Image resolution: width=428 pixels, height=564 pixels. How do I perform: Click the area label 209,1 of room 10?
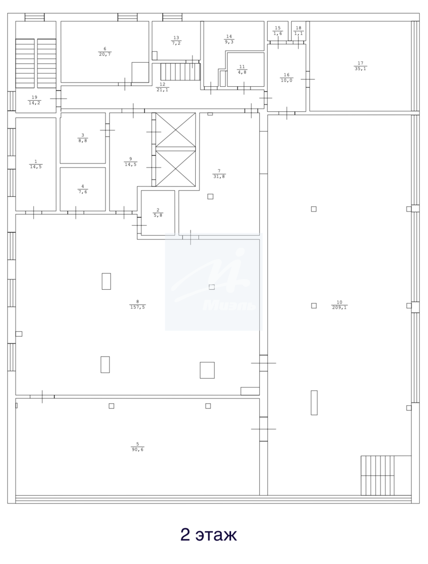coord(339,308)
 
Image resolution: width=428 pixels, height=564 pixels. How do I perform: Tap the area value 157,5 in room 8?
coord(138,307)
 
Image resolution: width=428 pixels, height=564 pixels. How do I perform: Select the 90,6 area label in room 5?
coord(137,450)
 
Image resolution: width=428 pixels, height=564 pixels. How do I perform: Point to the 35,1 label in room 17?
coord(360,69)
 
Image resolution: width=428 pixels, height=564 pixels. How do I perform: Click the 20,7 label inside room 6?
coord(104,54)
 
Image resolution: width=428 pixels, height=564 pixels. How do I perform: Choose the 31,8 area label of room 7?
coord(219,177)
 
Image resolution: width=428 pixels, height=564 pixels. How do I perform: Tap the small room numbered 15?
coord(278,31)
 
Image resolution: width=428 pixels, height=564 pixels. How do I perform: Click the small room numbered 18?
coord(299,31)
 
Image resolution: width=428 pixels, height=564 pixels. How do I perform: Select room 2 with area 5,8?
coord(158,213)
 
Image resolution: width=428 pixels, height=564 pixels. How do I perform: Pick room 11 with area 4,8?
coord(246,69)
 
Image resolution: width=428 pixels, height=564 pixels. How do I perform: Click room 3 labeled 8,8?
coord(82,138)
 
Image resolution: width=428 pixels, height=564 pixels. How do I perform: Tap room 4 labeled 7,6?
coord(82,189)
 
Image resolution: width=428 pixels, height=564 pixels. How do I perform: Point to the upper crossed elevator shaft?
coord(176,130)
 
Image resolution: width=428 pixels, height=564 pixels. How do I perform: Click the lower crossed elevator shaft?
coord(176,169)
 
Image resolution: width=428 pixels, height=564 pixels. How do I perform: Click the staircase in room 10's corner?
coord(377,476)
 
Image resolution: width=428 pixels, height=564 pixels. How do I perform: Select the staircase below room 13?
coord(180,72)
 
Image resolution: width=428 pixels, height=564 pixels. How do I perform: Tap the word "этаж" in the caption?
coord(216,535)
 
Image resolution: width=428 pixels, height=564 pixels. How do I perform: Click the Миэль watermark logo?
coord(214,281)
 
